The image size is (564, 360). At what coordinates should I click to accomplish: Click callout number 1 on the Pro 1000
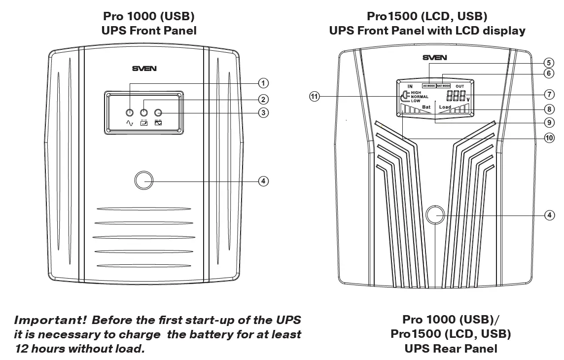click(x=264, y=82)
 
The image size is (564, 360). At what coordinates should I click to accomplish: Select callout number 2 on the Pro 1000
click(x=264, y=99)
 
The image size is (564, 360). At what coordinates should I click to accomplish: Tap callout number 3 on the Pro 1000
click(x=264, y=113)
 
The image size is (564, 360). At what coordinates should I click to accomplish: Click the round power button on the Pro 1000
click(x=144, y=180)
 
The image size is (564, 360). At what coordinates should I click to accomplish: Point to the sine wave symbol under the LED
click(x=130, y=123)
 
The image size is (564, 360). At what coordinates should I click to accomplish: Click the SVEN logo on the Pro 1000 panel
click(x=144, y=69)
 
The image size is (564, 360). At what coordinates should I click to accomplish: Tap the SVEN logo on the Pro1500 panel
click(x=435, y=58)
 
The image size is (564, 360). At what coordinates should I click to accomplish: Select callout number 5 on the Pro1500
click(x=548, y=63)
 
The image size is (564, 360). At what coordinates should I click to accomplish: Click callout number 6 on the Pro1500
click(x=548, y=73)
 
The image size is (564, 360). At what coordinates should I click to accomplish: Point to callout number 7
click(x=548, y=94)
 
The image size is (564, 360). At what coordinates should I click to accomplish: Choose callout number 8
click(x=548, y=108)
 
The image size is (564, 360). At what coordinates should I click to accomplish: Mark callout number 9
click(x=548, y=123)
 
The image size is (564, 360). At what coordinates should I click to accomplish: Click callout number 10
click(x=548, y=138)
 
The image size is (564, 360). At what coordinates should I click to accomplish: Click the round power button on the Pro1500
click(x=435, y=215)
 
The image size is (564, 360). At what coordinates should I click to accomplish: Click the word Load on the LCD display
click(x=445, y=107)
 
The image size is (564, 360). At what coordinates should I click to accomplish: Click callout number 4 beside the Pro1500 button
click(x=548, y=215)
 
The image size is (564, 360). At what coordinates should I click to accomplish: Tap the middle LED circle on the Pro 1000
click(x=144, y=113)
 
